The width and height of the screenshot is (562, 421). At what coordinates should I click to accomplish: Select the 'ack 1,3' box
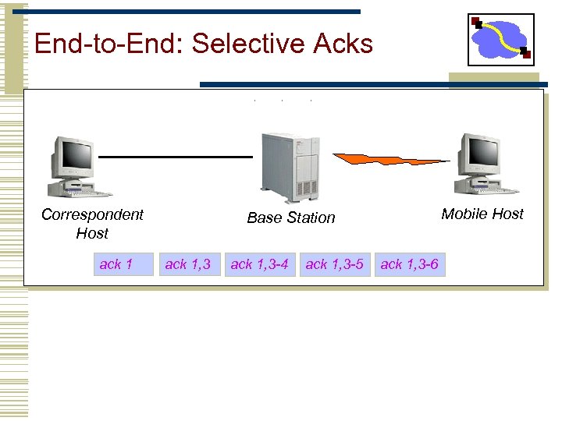tap(188, 264)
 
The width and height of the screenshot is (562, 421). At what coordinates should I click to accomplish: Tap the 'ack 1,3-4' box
tap(259, 264)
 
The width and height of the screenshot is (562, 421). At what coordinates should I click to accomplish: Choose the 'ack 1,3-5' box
tap(334, 264)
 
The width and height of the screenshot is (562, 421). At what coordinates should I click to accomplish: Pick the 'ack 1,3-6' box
tap(409, 264)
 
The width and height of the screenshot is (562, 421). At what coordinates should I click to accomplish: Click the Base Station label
tap(290, 218)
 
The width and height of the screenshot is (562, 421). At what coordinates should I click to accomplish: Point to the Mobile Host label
tap(482, 214)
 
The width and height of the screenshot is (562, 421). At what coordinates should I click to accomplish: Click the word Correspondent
tap(92, 214)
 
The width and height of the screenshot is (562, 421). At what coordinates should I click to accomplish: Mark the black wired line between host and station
tap(176, 157)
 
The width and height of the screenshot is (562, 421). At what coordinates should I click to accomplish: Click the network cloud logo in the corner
tap(500, 39)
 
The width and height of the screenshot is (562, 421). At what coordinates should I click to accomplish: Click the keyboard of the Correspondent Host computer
tap(81, 191)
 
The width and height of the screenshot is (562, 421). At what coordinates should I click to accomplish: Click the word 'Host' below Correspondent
tap(92, 233)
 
